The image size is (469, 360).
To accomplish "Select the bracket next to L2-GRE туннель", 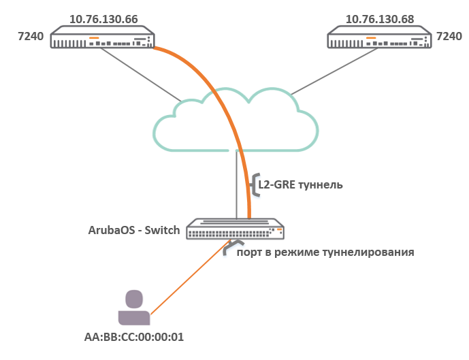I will pyautogui.click(x=255, y=184).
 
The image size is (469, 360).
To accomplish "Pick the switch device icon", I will pyautogui.click(x=236, y=229).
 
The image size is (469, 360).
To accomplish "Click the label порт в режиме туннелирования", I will pyautogui.click(x=325, y=252).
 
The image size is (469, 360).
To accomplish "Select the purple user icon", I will pyautogui.click(x=133, y=308).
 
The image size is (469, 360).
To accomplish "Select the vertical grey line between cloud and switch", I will pyautogui.click(x=236, y=184).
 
